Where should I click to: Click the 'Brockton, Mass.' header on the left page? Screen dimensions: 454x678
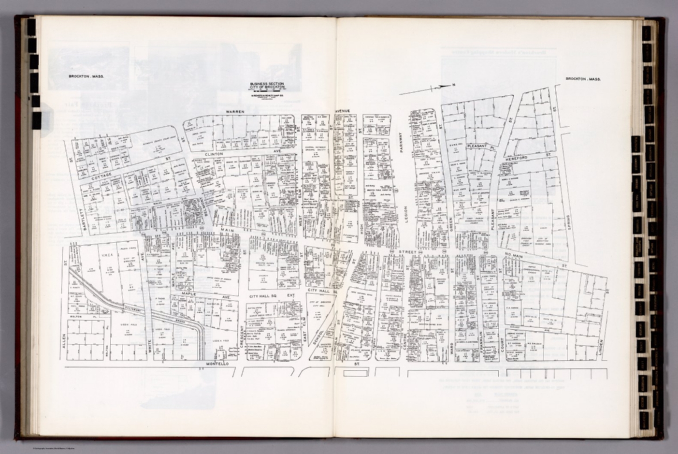86,76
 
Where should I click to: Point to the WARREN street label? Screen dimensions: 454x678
235,112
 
